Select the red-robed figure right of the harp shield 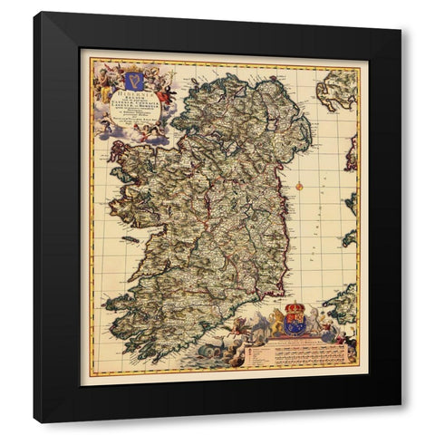click(164, 92)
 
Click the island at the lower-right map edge click(343, 304)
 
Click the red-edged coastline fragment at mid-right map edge click(352, 154)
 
